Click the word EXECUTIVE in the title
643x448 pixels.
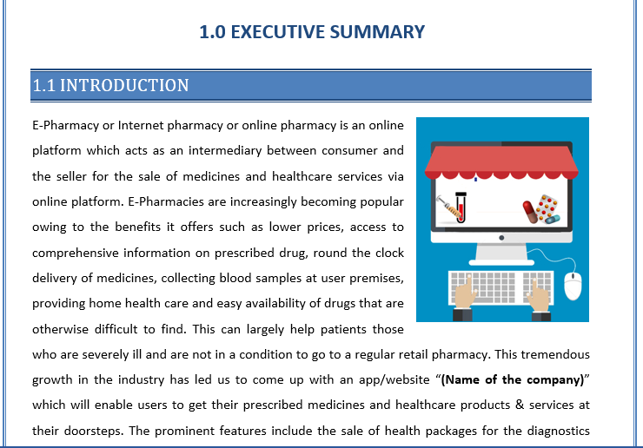[x=281, y=33]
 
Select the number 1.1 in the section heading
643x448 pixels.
[x=43, y=85]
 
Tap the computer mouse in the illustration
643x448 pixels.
[x=572, y=282]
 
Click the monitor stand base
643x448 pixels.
[x=501, y=260]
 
